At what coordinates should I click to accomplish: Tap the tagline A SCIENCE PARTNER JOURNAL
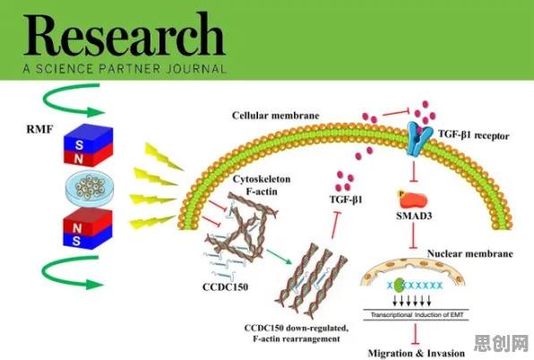tap(125, 69)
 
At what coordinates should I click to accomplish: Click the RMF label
tap(39, 129)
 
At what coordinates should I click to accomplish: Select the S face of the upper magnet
tap(80, 145)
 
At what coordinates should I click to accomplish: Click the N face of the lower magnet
tap(78, 227)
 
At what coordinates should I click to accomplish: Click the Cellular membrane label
tap(276, 116)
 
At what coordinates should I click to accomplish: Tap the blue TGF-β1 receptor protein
tap(418, 139)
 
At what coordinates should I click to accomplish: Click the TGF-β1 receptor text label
tap(473, 135)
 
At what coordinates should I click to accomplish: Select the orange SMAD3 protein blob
tap(413, 201)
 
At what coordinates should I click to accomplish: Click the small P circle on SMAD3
tap(401, 194)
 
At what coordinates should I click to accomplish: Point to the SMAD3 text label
tap(414, 216)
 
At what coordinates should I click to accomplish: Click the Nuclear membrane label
tap(470, 253)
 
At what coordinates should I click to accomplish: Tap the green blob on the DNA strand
tap(399, 285)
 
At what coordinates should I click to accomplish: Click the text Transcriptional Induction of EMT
tap(417, 315)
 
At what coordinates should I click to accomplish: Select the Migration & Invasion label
tap(416, 353)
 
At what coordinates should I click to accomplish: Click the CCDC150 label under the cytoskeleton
tap(225, 287)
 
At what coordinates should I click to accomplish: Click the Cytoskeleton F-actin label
tap(262, 185)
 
